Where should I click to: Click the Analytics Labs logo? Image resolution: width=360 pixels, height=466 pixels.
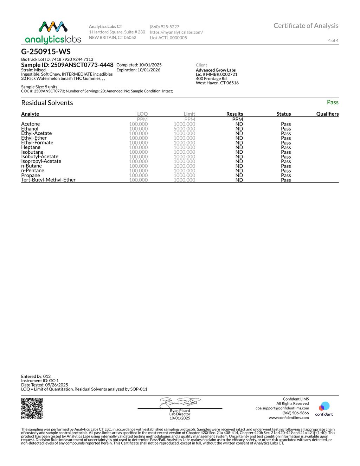pos(53,32)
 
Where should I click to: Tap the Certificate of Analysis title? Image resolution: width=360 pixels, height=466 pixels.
pos(306,26)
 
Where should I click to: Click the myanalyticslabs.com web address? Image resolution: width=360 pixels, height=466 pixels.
pos(176,32)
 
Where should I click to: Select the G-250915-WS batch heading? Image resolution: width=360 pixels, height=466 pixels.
pos(46,52)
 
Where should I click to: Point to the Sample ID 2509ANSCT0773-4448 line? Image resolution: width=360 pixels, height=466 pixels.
pos(67,65)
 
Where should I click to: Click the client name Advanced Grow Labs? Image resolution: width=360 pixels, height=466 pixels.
pos(216,70)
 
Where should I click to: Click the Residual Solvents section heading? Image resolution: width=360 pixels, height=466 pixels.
pos(47,103)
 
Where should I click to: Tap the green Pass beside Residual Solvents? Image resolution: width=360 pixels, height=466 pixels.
pos(332,102)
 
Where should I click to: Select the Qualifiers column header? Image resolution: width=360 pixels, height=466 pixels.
pos(327,114)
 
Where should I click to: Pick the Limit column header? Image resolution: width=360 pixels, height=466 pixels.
pos(189,114)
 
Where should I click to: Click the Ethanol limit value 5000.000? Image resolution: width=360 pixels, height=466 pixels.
pos(184,129)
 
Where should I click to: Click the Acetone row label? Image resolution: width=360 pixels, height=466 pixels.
pos(31,124)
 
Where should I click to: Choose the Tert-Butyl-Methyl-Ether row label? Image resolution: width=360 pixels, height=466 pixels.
pos(49,180)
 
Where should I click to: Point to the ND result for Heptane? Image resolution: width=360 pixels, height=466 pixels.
pos(239,147)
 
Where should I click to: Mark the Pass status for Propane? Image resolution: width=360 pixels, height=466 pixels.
pos(286,175)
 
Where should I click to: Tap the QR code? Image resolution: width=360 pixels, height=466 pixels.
pos(32,408)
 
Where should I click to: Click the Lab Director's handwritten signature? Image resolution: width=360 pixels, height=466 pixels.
pos(180,402)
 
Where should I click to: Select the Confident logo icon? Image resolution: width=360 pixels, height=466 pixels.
pos(324,407)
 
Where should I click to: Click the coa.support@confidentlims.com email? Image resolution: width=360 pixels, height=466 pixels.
pos(282,408)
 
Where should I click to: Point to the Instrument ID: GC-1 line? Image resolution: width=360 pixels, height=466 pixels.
pos(40,381)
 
